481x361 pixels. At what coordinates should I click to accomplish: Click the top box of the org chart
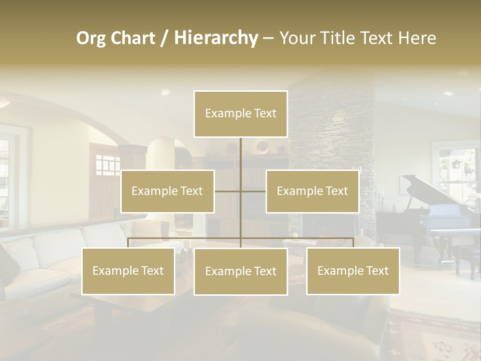(241, 114)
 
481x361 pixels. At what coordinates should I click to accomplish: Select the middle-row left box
(167, 191)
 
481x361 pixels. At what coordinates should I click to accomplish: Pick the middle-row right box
(312, 191)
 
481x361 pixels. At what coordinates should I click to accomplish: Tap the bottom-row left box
(128, 271)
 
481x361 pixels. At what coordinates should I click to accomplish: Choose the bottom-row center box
(241, 271)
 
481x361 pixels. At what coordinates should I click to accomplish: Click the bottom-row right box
(353, 271)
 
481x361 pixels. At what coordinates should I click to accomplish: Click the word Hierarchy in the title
(215, 38)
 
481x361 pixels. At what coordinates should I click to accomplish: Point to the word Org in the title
(91, 38)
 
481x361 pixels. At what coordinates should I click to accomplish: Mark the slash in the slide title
(164, 39)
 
